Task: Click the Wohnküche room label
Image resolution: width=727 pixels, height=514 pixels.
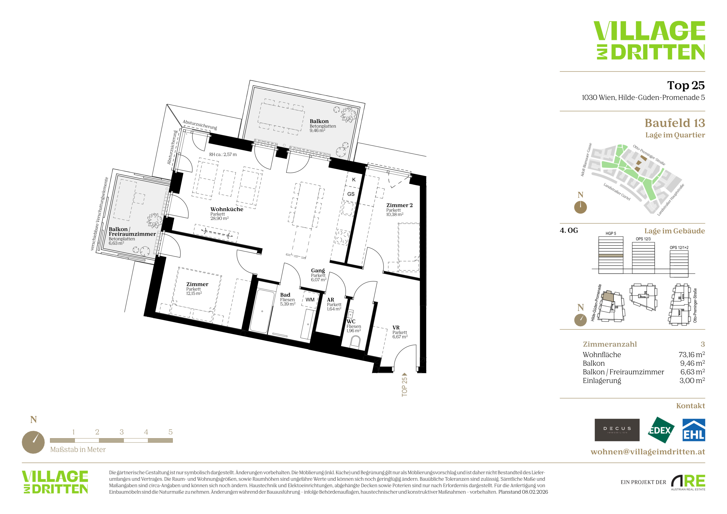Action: tap(227, 209)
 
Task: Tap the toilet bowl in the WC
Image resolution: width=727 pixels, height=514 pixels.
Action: tap(355, 342)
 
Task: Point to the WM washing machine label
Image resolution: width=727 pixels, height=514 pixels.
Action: tap(310, 300)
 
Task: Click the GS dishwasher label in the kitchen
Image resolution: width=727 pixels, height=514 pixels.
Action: tap(351, 194)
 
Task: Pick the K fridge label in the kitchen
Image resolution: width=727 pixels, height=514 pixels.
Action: tap(354, 179)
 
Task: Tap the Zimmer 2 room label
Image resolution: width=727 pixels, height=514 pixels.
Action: tap(399, 205)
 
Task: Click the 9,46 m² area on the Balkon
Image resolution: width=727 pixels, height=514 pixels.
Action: tap(317, 130)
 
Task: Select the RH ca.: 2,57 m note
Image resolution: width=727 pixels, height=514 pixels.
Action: tap(223, 155)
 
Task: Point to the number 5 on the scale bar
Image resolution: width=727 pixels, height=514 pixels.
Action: tap(170, 432)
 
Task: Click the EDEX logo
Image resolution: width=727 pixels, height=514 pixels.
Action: tap(661, 430)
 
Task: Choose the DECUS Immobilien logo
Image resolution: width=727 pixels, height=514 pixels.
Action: tap(617, 430)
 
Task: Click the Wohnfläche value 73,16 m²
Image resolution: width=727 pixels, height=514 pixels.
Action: tap(691, 355)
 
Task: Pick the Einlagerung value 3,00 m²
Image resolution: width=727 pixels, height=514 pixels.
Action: tap(692, 380)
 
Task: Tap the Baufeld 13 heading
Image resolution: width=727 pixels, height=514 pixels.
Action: tap(675, 123)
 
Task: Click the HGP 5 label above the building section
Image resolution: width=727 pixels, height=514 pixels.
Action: tap(611, 234)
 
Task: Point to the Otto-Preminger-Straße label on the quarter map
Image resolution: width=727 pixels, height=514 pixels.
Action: tap(649, 155)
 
